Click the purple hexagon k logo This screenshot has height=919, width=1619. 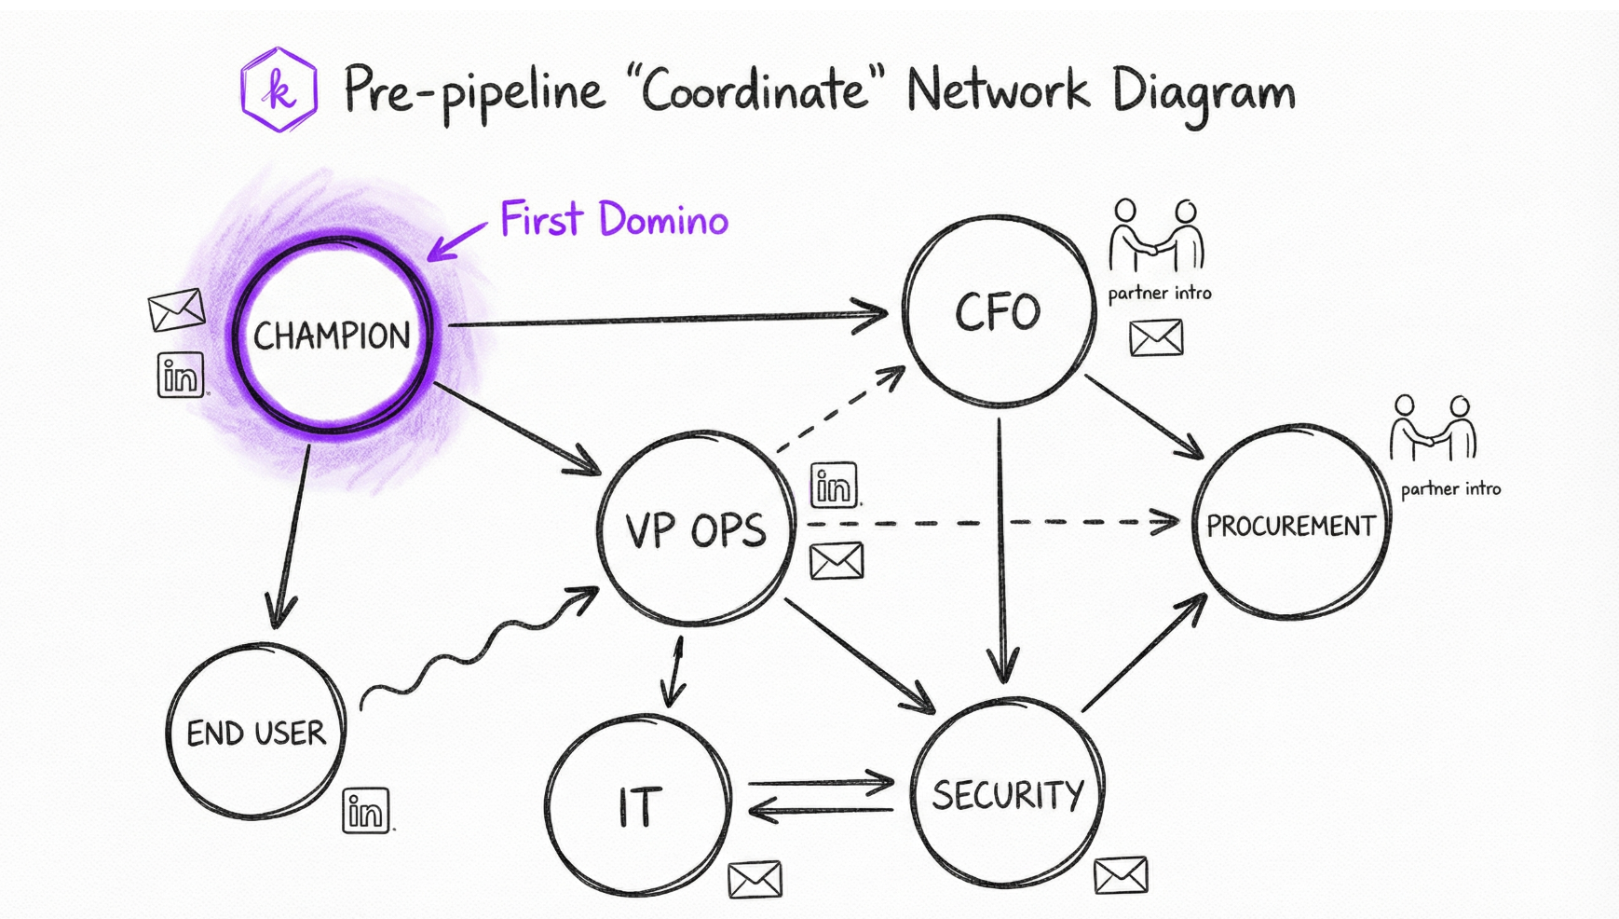279,90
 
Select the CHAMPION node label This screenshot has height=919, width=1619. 332,336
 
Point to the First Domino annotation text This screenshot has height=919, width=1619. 614,220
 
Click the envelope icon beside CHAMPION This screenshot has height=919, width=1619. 176,309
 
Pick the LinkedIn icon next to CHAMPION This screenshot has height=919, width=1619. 181,376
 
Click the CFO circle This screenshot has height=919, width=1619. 998,310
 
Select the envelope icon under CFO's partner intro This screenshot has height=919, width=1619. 1156,337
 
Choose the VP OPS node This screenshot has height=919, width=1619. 696,529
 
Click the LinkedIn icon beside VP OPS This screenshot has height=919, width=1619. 834,486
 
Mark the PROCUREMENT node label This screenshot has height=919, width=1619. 1291,526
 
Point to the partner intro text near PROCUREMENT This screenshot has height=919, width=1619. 1450,488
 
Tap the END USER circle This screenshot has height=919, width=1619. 256,733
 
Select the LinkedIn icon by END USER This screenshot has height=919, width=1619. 366,811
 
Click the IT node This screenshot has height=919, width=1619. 639,806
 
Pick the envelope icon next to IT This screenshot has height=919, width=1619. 755,880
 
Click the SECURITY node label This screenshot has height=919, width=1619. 1008,795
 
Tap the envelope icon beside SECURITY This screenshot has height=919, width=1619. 1121,875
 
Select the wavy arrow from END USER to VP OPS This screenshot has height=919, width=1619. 475,649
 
